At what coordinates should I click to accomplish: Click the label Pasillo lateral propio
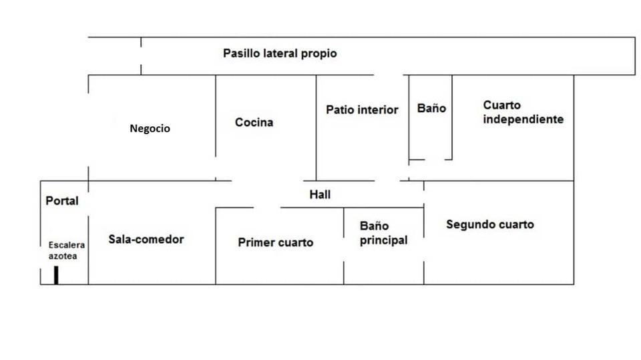280,53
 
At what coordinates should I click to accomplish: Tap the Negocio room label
150,128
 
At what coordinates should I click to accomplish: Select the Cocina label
254,122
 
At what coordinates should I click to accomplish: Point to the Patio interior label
362,110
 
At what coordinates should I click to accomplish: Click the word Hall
320,194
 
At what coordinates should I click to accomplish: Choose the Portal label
61,201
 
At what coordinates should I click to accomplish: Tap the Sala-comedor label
146,239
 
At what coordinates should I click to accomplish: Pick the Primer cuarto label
276,242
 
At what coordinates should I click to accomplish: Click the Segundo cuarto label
489,224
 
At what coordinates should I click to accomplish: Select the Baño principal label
383,233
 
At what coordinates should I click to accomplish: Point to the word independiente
523,120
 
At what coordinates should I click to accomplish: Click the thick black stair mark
56,275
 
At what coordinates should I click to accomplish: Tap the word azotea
63,256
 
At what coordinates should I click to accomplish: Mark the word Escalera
67,245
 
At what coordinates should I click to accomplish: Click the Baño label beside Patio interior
431,108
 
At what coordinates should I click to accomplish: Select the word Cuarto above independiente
501,105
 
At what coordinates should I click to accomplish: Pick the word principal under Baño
383,240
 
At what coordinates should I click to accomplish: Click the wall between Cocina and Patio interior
316,128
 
